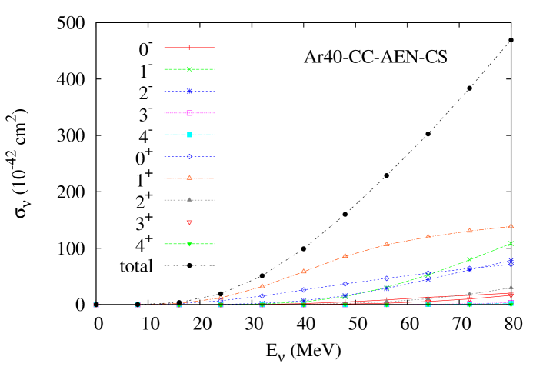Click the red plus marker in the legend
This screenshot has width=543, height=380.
[x=189, y=48]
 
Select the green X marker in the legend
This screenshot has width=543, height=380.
[x=189, y=69]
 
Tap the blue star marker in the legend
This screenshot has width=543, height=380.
[x=189, y=91]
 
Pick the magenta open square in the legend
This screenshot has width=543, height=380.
[x=189, y=113]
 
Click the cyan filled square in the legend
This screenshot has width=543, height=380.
[x=189, y=135]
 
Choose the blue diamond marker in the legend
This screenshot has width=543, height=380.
[x=189, y=156]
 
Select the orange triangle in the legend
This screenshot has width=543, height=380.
[x=189, y=178]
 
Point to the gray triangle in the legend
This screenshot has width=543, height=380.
[x=189, y=200]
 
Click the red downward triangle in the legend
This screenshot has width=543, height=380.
[x=189, y=222]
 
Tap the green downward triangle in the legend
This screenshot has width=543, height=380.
[x=189, y=244]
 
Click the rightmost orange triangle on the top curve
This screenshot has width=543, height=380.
[x=511, y=226]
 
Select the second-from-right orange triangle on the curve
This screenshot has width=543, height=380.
[x=469, y=231]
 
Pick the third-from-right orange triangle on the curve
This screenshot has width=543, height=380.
[x=428, y=236]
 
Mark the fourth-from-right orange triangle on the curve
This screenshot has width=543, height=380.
[x=386, y=245]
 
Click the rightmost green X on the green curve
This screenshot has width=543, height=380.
[x=511, y=243]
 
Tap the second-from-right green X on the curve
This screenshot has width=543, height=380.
[x=469, y=259]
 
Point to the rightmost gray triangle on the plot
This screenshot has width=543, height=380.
[x=511, y=288]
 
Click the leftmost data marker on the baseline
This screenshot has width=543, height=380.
[x=96, y=305]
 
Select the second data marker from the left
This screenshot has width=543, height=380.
[x=138, y=305]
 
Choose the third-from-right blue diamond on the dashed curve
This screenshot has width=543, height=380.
[x=428, y=274]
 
